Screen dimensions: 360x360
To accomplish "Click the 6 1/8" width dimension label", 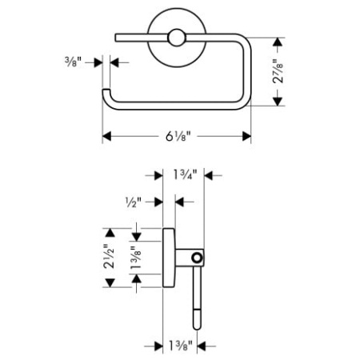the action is [178, 136].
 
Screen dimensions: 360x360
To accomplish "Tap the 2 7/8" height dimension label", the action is [278, 71].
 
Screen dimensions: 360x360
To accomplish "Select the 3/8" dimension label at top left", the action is [73, 62].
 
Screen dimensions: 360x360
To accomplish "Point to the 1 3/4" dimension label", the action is [185, 175].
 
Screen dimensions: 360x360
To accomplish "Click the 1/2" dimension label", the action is [134, 202].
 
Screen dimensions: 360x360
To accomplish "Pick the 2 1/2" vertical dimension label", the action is [110, 256].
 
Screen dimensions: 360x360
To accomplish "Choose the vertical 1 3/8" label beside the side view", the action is [135, 258].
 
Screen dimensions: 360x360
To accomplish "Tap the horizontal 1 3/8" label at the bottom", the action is [180, 346].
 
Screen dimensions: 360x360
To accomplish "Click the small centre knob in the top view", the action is [176, 38].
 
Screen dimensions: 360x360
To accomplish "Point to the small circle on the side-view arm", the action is [197, 258].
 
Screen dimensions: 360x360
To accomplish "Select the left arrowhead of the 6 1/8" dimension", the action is [106, 136].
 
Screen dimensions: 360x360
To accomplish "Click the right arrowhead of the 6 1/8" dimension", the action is [246, 136].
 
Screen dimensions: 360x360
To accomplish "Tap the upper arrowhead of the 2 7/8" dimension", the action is [278, 42].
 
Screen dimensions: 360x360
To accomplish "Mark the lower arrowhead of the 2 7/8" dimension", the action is [278, 102].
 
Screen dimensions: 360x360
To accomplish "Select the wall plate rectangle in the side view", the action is [169, 258].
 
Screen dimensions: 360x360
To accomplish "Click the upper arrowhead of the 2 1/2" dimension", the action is [110, 233].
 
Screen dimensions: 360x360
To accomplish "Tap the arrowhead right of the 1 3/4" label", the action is [208, 175].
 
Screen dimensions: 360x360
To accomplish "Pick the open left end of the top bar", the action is [116, 38].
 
